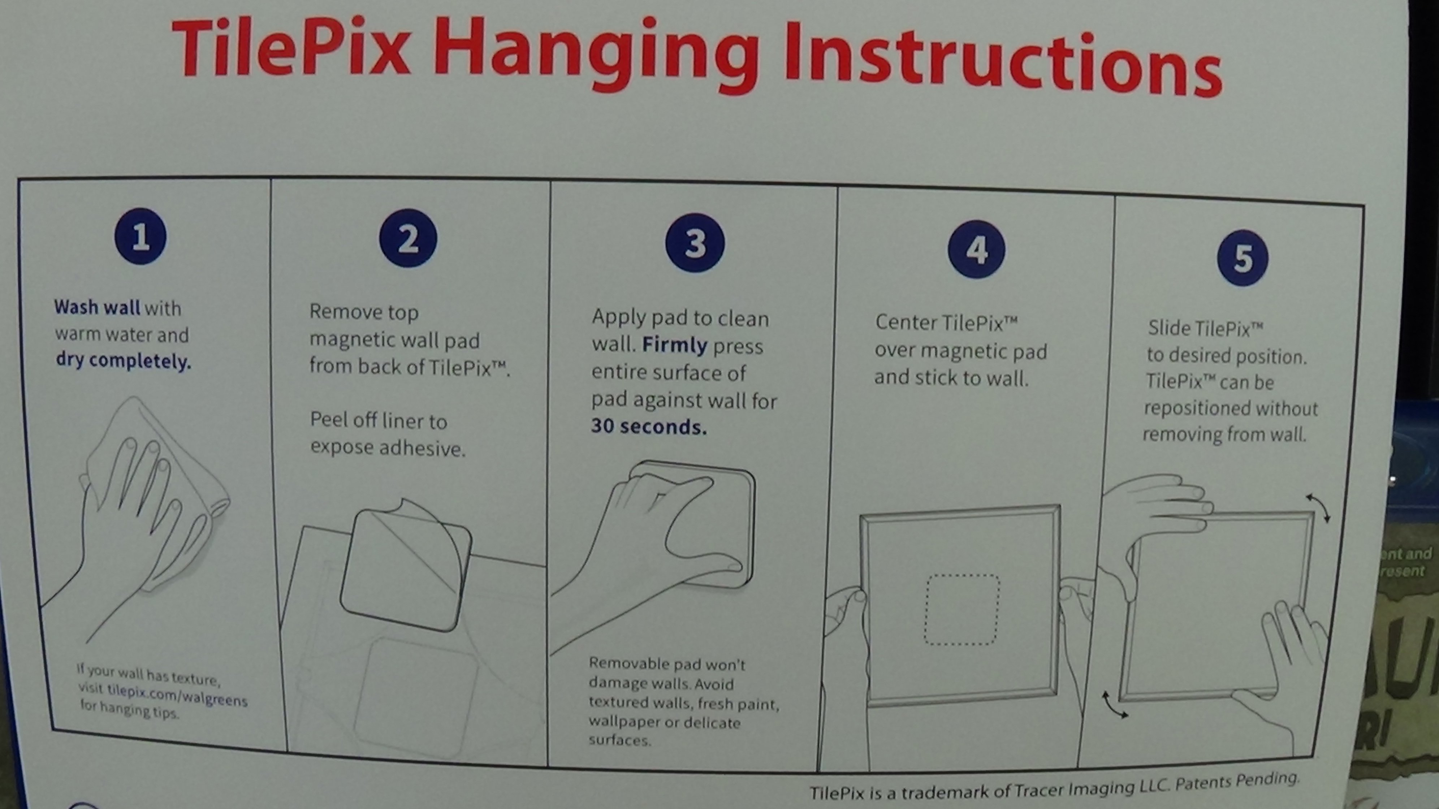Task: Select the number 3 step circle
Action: [x=695, y=243]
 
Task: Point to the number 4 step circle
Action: [x=976, y=249]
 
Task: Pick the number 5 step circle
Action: [x=1243, y=258]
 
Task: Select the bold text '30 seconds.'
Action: [x=649, y=426]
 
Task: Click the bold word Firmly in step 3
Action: [x=675, y=345]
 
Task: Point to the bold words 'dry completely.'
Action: [x=124, y=360]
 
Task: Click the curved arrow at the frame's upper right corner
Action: [x=1319, y=507]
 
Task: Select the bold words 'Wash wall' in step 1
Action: [x=97, y=307]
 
